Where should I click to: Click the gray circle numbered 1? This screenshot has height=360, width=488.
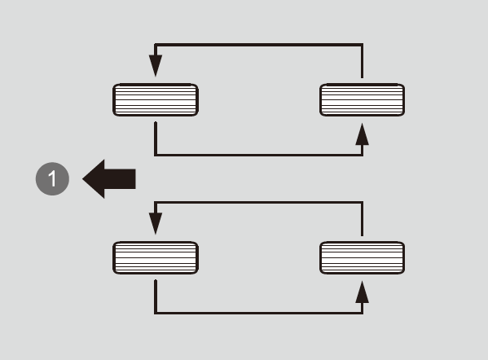pyautogui.click(x=52, y=178)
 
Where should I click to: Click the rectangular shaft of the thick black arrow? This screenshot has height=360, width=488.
pyautogui.click(x=120, y=179)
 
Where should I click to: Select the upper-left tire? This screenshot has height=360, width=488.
pyautogui.click(x=156, y=99)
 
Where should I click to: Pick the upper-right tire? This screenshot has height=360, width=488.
pyautogui.click(x=363, y=99)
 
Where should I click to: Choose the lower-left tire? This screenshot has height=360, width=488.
pyautogui.click(x=156, y=257)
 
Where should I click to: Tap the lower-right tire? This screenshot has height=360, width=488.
pyautogui.click(x=363, y=257)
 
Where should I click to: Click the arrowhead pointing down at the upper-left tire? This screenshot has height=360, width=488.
pyautogui.click(x=156, y=65)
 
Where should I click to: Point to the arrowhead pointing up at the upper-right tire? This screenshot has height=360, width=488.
pyautogui.click(x=362, y=134)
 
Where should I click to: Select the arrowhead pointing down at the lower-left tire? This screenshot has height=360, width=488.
pyautogui.click(x=156, y=223)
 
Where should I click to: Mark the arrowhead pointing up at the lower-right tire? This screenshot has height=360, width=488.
pyautogui.click(x=362, y=292)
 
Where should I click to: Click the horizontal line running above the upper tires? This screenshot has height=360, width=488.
pyautogui.click(x=258, y=45)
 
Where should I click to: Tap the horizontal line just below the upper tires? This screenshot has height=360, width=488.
pyautogui.click(x=258, y=155)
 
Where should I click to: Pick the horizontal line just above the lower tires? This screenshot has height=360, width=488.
pyautogui.click(x=258, y=203)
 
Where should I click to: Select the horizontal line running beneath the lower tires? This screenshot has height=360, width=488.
pyautogui.click(x=258, y=313)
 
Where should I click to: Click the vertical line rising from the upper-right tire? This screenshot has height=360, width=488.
pyautogui.click(x=362, y=61)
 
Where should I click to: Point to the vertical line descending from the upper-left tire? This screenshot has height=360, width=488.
pyautogui.click(x=156, y=138)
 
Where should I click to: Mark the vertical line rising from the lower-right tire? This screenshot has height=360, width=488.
pyautogui.click(x=362, y=219)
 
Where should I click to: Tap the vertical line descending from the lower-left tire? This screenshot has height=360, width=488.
pyautogui.click(x=156, y=296)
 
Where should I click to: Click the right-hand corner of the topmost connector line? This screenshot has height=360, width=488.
pyautogui.click(x=362, y=45)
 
